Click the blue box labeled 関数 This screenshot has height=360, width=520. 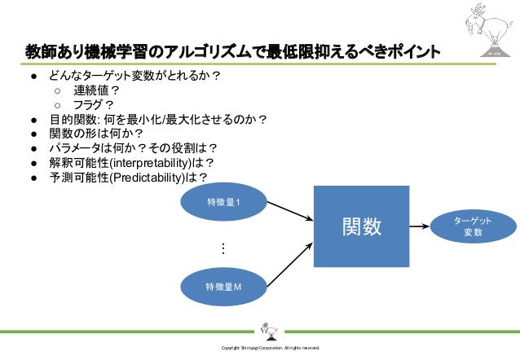tap(361, 226)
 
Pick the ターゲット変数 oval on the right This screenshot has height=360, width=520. tap(473, 226)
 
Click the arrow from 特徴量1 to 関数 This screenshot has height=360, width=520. tap(285, 210)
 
